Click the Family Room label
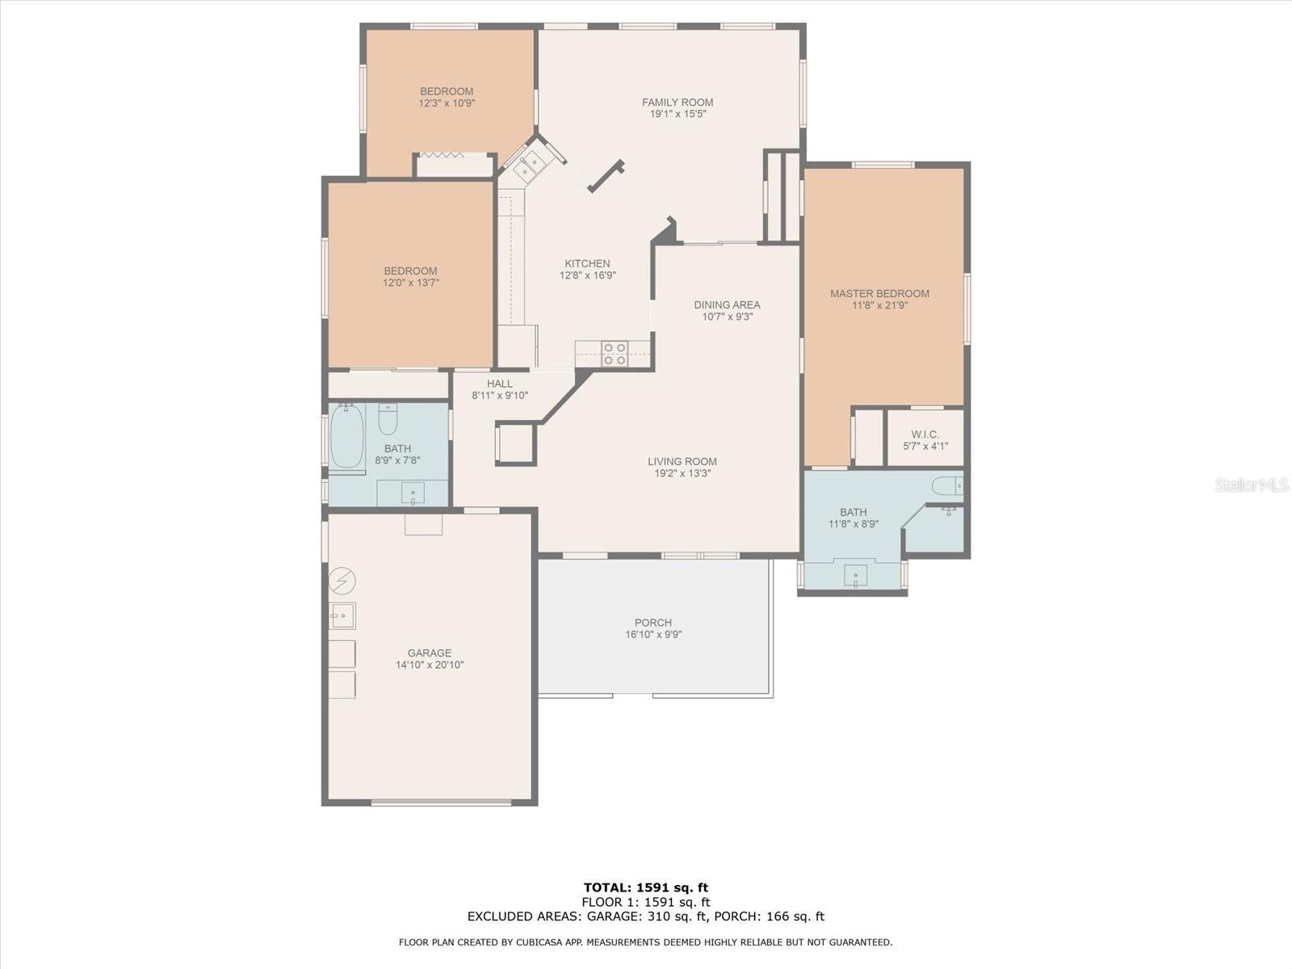point(677,103)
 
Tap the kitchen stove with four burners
point(615,354)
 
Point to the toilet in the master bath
point(946,486)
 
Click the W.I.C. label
point(925,434)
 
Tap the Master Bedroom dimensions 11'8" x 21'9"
point(879,306)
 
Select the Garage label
point(429,653)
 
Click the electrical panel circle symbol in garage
point(342,580)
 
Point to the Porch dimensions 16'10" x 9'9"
point(653,635)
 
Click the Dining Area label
point(727,304)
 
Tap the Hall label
point(499,384)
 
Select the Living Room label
point(682,462)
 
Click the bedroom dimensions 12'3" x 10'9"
point(447,103)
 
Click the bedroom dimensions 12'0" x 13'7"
point(410,283)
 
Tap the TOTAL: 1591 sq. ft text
point(645,888)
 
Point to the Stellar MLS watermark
point(1251,485)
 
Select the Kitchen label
point(587,263)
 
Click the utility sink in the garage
point(342,616)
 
